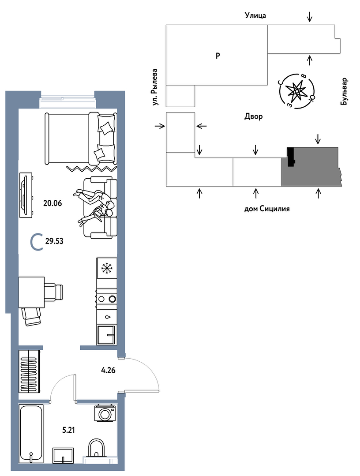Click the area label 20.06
pos(52,203)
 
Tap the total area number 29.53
pos(54,241)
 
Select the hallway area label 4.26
pos(108,370)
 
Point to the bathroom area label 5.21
pos(68,430)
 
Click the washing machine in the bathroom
pos(105,413)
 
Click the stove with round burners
pos(106,299)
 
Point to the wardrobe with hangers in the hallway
pos(30,371)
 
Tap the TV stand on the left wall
pos(26,195)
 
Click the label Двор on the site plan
pos(254,116)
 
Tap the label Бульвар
pos(344,92)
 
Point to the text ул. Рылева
pos(155,87)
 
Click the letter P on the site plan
pos(217,56)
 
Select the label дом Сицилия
pos(267,209)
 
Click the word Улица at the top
pos(255,15)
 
